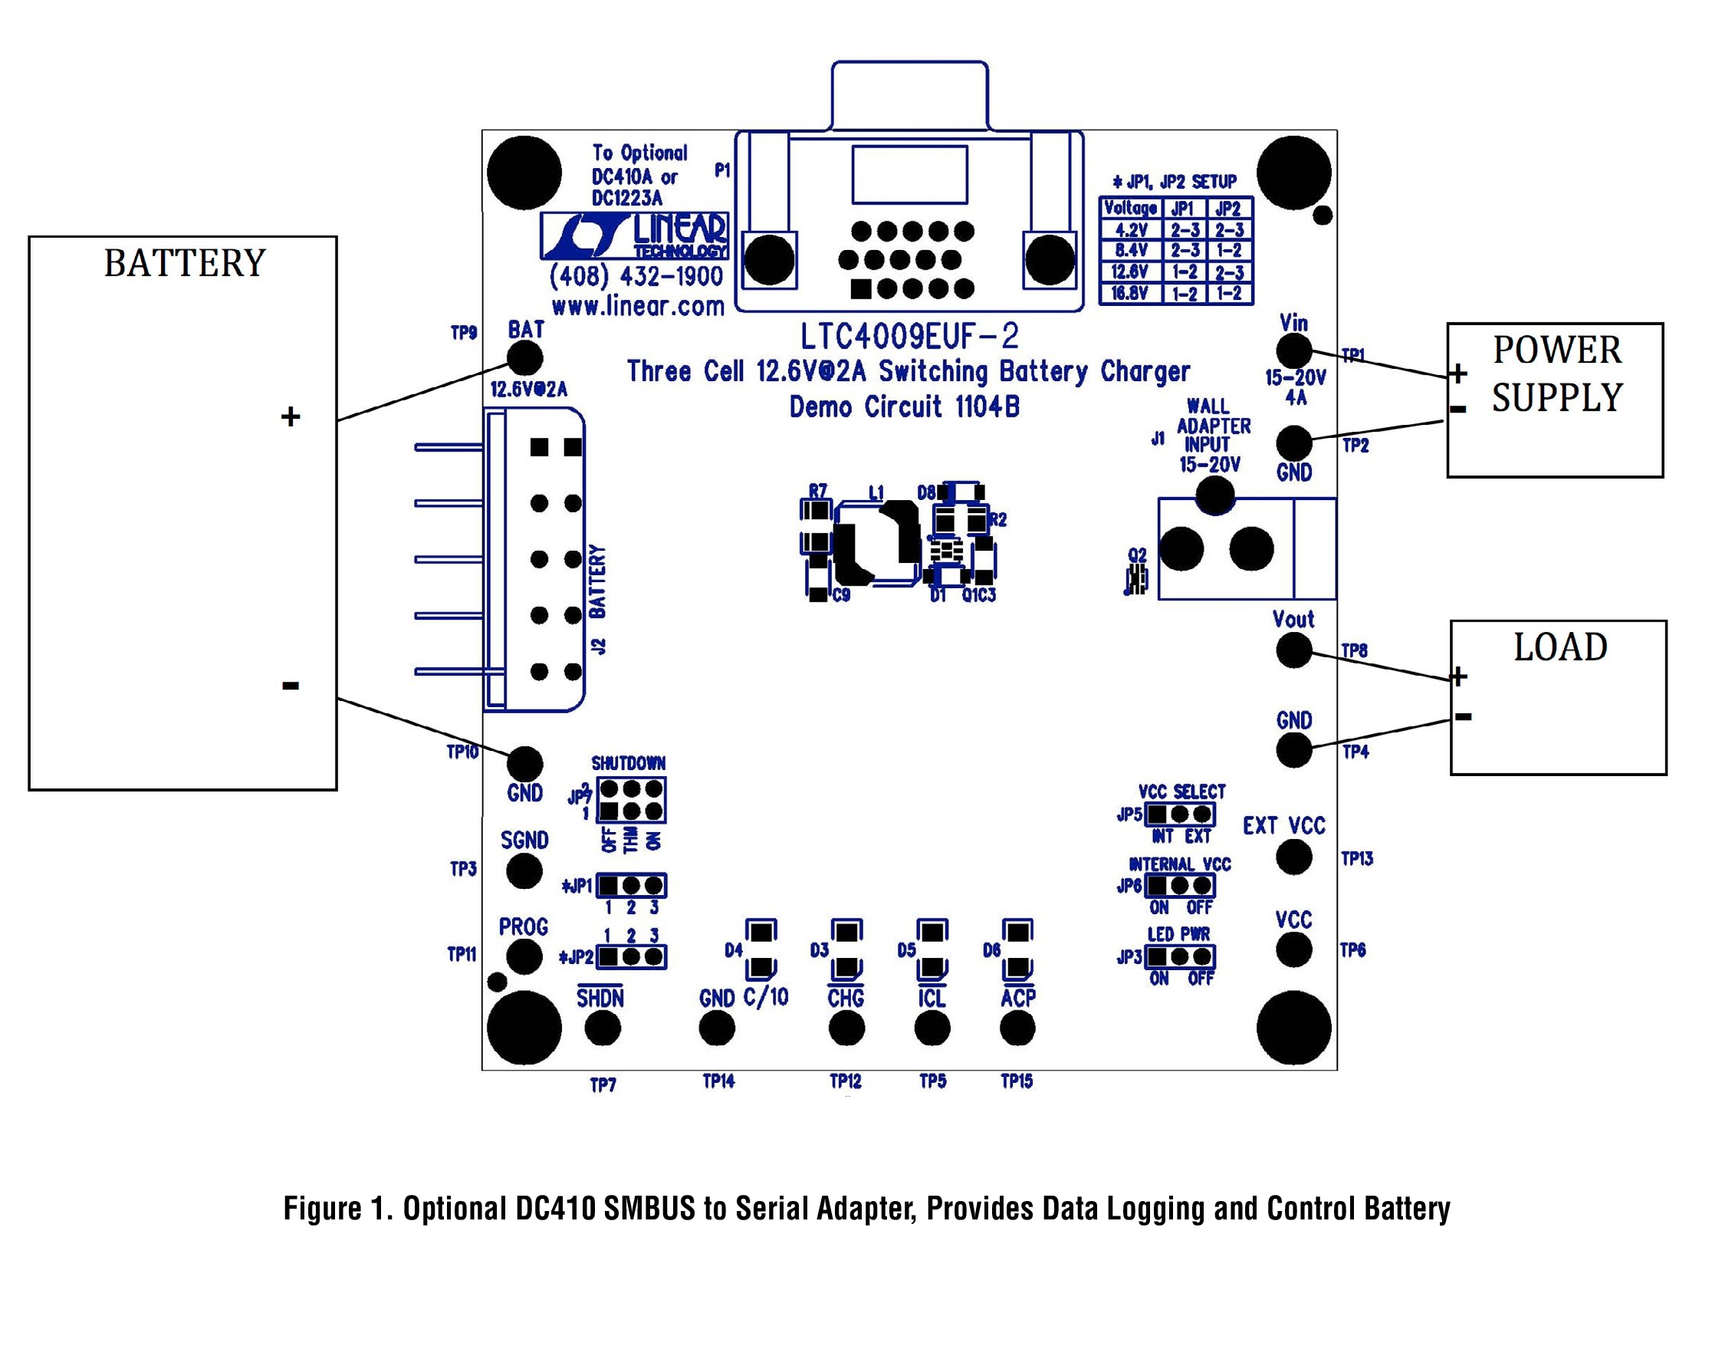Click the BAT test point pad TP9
coord(524,360)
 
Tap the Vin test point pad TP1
coord(1293,350)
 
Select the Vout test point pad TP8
coord(1293,650)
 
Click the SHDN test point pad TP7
coord(603,1028)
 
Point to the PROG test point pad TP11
coord(524,956)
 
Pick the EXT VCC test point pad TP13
coord(1293,857)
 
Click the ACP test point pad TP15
coord(1017,1028)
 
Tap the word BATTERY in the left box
coord(185,263)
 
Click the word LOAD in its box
coord(1560,647)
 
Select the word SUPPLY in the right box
coord(1558,397)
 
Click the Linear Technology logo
coord(634,235)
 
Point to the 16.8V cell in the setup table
coord(1130,294)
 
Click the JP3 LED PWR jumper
coord(1179,956)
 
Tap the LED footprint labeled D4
coord(761,949)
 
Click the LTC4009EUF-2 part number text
coord(909,337)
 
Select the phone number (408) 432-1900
coord(636,277)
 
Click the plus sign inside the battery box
coord(291,416)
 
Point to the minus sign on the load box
coord(1463,716)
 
